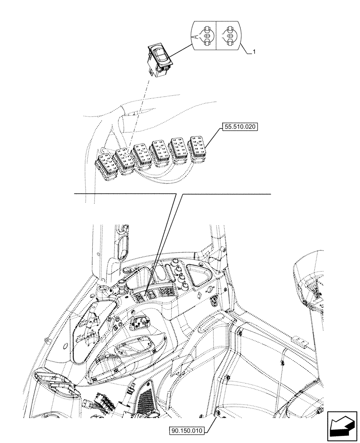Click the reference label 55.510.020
240,126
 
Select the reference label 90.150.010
186,430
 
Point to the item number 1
254,52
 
